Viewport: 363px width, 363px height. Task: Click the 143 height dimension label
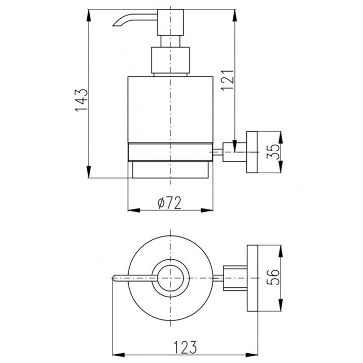point(81,100)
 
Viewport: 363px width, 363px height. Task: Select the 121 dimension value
point(227,80)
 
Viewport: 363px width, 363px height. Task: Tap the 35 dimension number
point(273,151)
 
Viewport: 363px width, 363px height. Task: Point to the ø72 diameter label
point(170,203)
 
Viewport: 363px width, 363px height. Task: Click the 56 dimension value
point(273,277)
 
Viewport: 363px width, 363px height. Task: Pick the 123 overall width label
point(185,347)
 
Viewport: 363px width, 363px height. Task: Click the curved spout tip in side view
point(115,24)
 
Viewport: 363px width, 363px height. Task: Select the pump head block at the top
point(171,22)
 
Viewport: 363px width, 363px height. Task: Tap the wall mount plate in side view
point(252,152)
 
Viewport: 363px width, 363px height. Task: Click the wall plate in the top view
point(253,278)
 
